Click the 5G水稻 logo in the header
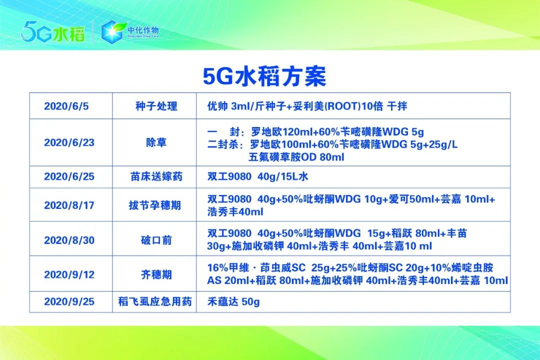coord(52,32)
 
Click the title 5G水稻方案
coord(264,76)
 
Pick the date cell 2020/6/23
coord(69,142)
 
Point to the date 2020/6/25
coord(69,177)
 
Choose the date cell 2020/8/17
coord(69,205)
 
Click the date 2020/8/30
coord(69,240)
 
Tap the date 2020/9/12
coord(69,274)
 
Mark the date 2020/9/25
coord(69,302)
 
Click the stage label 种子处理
coord(156,106)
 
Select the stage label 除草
coord(156,142)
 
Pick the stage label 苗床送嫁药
coord(156,177)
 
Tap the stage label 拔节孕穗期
coord(156,205)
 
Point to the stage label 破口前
coord(156,240)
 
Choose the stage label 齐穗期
coord(156,274)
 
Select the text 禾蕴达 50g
coord(233,302)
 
